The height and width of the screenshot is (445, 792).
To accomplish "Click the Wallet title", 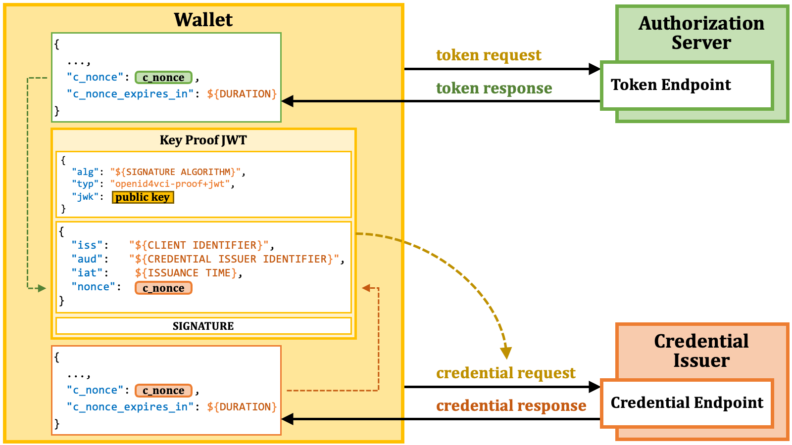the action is point(203,20).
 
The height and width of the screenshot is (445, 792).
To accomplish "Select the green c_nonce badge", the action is point(163,77).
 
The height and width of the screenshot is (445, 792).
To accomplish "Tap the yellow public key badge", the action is point(143,197).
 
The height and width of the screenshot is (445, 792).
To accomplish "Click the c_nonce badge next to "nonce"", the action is point(163,288).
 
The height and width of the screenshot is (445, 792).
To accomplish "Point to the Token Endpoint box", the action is point(687,86).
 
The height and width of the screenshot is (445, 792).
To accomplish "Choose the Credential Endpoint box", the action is point(687,403).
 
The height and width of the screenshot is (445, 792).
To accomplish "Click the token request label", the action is point(489,55).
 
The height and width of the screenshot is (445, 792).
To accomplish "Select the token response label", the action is point(494,89).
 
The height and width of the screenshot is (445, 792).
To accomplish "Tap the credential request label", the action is point(505,373).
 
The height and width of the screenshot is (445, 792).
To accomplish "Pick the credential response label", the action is point(511,406).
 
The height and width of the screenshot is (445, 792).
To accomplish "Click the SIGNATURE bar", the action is point(203,326).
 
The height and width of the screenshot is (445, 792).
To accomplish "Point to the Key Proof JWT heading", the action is point(203,140).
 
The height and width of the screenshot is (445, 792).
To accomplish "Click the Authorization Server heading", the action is point(701,33).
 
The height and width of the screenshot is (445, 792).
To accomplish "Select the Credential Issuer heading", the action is point(701,351).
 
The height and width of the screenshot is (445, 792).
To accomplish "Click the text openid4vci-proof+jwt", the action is point(170,184).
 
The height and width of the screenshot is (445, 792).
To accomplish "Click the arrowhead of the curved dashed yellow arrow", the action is point(506,353).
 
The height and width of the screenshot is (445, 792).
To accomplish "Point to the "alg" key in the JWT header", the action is point(85,172).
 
